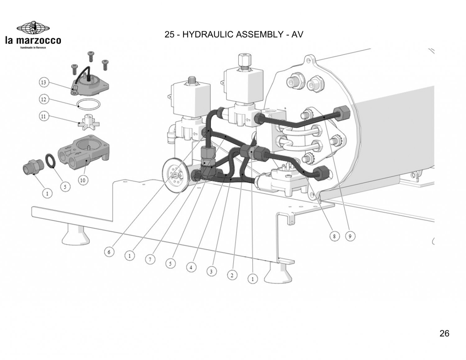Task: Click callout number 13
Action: [43, 83]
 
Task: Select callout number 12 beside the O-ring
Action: [43, 99]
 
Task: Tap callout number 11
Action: [43, 116]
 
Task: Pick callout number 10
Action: [83, 180]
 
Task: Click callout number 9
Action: [350, 236]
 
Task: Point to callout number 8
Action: [334, 236]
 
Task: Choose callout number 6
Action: [109, 252]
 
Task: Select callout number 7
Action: [150, 259]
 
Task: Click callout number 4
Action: [191, 267]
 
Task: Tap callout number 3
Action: [211, 271]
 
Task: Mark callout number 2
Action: [232, 275]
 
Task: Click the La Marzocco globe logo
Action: [33, 28]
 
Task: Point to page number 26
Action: [444, 333]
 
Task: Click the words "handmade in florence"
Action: [33, 48]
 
